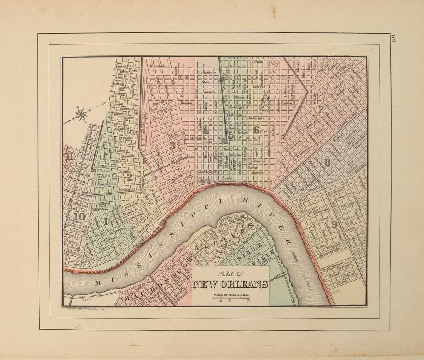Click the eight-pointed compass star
click(81, 114)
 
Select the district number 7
click(320, 109)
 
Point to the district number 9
click(334, 224)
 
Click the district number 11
click(70, 156)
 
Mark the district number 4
click(206, 130)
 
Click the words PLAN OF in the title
click(231, 275)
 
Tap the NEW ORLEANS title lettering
click(230, 285)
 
